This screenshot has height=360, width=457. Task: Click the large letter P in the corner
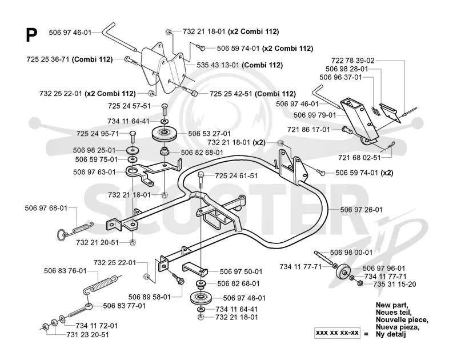(x=31, y=35)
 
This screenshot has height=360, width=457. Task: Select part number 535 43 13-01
(x=218, y=65)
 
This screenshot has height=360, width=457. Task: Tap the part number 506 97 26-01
(x=361, y=210)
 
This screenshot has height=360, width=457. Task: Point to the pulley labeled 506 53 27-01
(x=165, y=134)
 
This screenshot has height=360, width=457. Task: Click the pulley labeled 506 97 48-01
(x=201, y=298)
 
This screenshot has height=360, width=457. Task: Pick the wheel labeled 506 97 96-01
(x=343, y=272)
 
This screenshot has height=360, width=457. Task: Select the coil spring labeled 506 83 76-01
(x=101, y=283)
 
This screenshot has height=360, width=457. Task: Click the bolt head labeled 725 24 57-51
(x=164, y=107)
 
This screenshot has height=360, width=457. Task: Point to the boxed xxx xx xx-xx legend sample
(x=337, y=333)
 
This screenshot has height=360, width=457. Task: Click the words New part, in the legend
(x=392, y=305)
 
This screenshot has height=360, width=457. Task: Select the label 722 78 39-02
(x=352, y=61)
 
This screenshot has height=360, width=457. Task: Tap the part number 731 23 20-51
(x=87, y=335)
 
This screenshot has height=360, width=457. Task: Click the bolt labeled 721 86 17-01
(x=346, y=129)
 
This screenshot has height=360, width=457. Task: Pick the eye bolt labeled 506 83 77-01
(x=80, y=311)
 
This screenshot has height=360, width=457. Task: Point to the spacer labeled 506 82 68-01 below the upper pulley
(x=165, y=152)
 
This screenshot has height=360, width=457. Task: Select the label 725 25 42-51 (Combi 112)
(x=252, y=94)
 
